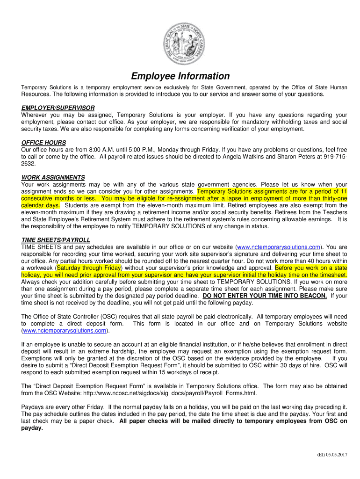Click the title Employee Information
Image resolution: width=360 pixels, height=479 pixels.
tap(180, 76)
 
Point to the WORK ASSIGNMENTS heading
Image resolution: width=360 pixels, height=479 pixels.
tap(53, 177)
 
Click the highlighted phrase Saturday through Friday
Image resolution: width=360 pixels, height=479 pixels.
tap(89, 268)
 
